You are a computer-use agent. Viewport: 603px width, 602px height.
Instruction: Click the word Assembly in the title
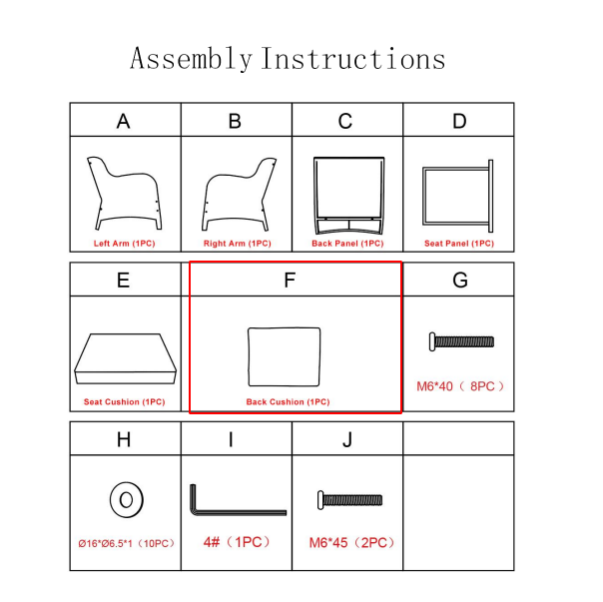coord(191,59)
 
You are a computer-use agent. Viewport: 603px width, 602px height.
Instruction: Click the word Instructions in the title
coord(353,59)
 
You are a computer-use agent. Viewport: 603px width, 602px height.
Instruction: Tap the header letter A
coord(123,121)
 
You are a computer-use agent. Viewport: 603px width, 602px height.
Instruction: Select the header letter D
coord(459,121)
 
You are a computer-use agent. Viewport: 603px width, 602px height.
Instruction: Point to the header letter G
coord(460,281)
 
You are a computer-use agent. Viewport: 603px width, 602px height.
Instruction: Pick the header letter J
coord(347,439)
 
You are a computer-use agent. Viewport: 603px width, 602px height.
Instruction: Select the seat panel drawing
coord(491,196)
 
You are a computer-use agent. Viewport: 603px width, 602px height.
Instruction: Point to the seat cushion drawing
coord(126,358)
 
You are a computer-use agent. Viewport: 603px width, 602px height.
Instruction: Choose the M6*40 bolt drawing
coord(461,341)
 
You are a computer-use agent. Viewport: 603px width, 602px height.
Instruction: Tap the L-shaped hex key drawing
coord(239,512)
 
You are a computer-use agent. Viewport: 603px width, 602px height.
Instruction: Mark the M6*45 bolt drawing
coord(350,500)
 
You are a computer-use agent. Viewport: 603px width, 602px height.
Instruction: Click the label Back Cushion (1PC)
coord(289,402)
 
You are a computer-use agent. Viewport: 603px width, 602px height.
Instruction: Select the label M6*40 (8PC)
coord(460,386)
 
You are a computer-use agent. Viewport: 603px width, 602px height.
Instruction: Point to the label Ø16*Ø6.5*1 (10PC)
coord(127,543)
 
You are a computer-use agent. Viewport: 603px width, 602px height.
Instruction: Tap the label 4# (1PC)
coord(237,542)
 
